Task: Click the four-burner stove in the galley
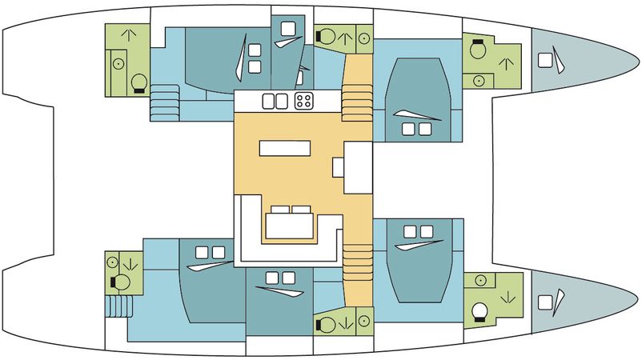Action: [x=305, y=101]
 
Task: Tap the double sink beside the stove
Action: [x=275, y=101]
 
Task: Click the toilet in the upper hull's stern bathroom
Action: [x=137, y=82]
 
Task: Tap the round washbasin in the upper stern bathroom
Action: [x=117, y=62]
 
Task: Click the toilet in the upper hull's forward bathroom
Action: [x=478, y=50]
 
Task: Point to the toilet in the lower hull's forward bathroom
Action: [x=481, y=310]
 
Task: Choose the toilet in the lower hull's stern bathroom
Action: [x=122, y=282]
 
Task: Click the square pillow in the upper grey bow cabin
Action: [x=545, y=59]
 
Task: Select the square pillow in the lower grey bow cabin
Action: [x=545, y=302]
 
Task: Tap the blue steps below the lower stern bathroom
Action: [x=118, y=306]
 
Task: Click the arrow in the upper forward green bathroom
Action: [x=505, y=62]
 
